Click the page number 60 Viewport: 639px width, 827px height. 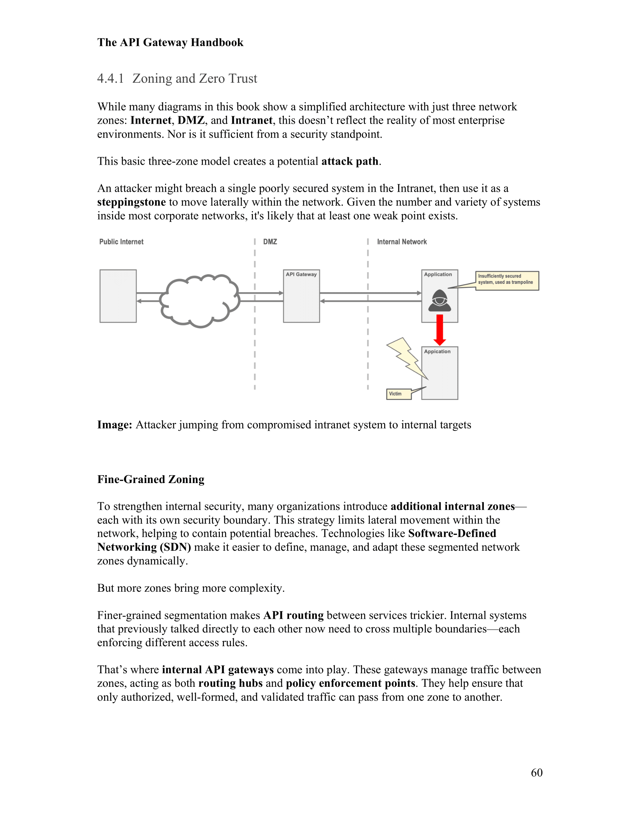click(536, 772)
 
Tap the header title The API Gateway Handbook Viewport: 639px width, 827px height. click(170, 42)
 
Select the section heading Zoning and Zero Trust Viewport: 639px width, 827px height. click(195, 79)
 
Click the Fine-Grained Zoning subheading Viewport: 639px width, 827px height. click(151, 479)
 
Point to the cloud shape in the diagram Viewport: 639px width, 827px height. click(200, 301)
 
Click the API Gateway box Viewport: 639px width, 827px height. click(301, 296)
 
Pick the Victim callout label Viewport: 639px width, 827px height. click(398, 394)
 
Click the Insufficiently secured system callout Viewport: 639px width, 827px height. click(507, 280)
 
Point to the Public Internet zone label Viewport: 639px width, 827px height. click(121, 242)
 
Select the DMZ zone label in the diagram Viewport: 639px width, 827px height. click(270, 242)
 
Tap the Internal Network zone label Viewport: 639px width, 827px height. click(402, 242)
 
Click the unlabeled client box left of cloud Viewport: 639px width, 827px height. click(118, 296)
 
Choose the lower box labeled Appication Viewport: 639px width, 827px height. click(439, 373)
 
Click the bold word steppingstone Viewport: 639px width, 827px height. click(131, 202)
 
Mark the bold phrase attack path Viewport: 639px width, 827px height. click(350, 161)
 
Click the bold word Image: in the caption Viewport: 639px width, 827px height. click(114, 425)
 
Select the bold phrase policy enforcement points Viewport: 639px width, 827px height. click(350, 683)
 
